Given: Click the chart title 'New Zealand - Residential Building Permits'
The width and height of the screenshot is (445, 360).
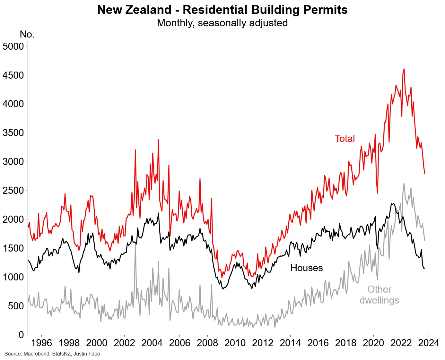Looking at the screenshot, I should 222,10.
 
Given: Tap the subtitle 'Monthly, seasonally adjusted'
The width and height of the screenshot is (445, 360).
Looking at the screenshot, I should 222,23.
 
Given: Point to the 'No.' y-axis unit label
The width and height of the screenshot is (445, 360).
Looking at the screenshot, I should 27,34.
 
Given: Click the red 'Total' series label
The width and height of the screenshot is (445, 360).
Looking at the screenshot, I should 345,139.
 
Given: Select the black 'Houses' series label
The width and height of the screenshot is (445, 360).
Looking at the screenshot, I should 306,268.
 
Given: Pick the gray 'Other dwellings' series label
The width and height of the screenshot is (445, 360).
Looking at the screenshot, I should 379,295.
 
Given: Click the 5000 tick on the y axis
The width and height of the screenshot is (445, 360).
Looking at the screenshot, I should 13,47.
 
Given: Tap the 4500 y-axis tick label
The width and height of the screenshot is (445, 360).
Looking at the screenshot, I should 13,75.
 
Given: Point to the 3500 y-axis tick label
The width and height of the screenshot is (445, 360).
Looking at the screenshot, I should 13,133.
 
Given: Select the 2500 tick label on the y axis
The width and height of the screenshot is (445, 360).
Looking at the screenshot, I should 13,191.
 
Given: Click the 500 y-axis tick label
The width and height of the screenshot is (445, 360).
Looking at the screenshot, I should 16,306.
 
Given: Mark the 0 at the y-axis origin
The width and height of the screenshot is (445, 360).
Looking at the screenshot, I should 21,335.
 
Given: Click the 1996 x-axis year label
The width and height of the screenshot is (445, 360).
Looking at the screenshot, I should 42,343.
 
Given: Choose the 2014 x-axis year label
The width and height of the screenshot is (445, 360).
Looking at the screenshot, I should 290,343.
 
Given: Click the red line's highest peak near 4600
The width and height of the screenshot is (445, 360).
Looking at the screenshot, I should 404,69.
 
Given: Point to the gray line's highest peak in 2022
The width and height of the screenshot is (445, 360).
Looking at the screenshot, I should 404,183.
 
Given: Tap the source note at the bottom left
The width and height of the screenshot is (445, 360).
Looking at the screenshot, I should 52,354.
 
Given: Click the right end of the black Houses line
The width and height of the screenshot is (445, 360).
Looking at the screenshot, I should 424,268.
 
